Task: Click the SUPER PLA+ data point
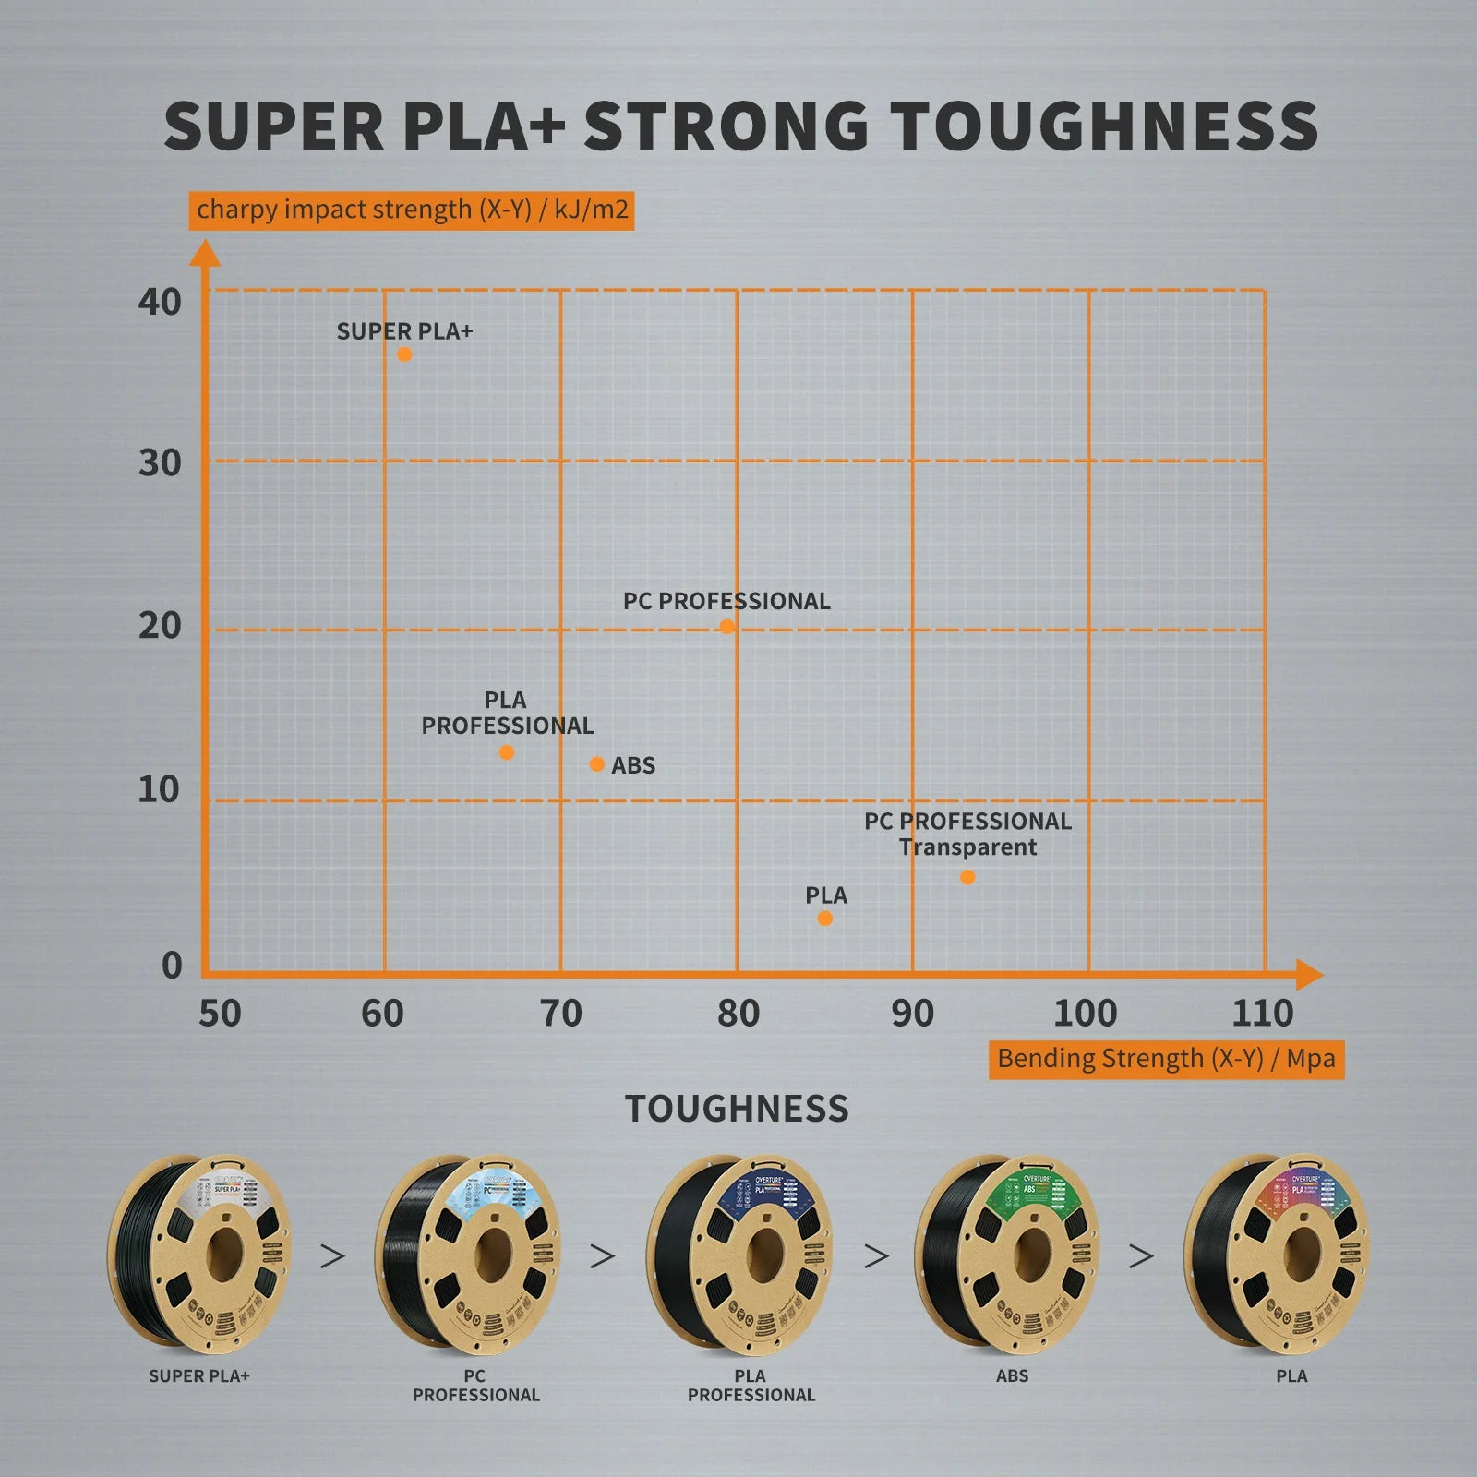point(404,354)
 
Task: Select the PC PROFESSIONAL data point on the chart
point(727,627)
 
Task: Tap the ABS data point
point(597,764)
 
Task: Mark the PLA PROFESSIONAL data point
point(507,752)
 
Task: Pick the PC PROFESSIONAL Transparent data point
point(967,877)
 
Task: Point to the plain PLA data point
point(825,919)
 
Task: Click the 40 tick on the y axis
point(160,302)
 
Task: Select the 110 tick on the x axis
point(1262,1014)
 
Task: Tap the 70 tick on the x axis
point(560,1014)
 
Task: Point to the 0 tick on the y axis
point(172,966)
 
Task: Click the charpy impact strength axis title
point(412,210)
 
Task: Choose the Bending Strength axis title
point(1166,1059)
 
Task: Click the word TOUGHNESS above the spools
point(737,1109)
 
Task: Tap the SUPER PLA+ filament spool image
point(200,1254)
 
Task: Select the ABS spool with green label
point(1007,1254)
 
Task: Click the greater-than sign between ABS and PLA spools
point(1141,1255)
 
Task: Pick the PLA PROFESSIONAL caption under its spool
point(751,1386)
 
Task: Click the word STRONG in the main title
point(726,126)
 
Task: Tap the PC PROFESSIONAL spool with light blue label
point(468,1254)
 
